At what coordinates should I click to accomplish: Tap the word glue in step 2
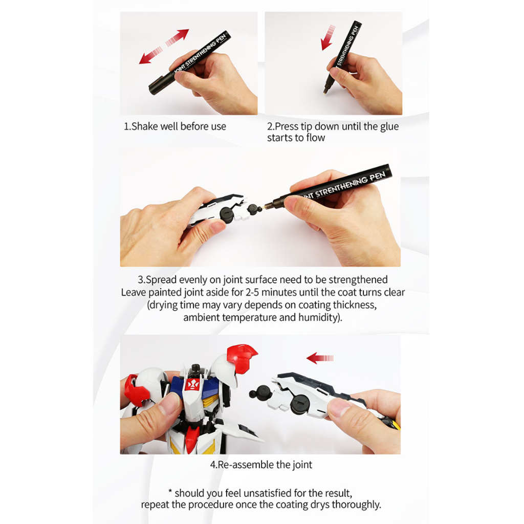coord(389,126)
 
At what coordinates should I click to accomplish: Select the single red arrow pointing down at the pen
coord(328,37)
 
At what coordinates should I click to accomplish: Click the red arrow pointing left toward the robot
coord(320,358)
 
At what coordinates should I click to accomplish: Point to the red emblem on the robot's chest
coord(193,385)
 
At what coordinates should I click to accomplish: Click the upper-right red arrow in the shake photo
coord(178,37)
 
